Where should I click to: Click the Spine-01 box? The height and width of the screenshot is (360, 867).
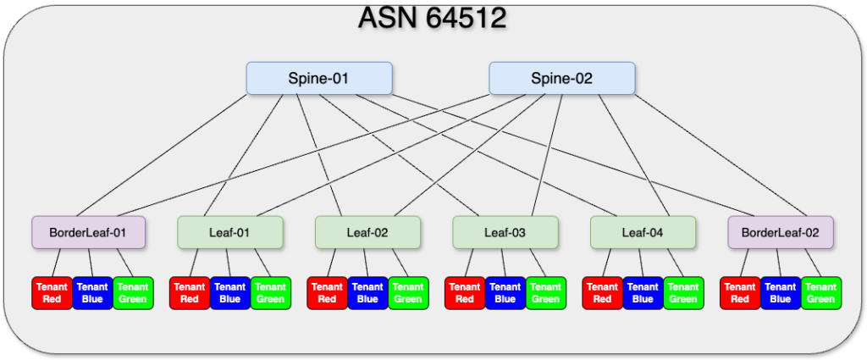pyautogui.click(x=319, y=78)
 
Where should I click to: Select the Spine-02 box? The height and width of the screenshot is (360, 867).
pyautogui.click(x=562, y=78)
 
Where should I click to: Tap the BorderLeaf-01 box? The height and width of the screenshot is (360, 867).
pyautogui.click(x=88, y=232)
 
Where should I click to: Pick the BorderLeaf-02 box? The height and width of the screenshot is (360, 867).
pyautogui.click(x=781, y=232)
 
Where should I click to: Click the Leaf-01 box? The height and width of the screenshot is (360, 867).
pyautogui.click(x=230, y=232)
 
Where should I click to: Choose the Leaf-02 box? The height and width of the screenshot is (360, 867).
pyautogui.click(x=367, y=232)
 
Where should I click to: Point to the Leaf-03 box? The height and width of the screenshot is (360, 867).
pyautogui.click(x=505, y=232)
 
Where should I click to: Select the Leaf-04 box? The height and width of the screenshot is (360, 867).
pyautogui.click(x=643, y=232)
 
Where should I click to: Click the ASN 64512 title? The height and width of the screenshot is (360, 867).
pyautogui.click(x=433, y=18)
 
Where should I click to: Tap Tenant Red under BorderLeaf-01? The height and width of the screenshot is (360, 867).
pyautogui.click(x=52, y=293)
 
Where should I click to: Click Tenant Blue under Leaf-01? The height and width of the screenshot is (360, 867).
pyautogui.click(x=230, y=293)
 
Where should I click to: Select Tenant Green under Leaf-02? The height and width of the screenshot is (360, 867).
pyautogui.click(x=409, y=293)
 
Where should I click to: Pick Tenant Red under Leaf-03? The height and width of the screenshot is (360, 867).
pyautogui.click(x=465, y=293)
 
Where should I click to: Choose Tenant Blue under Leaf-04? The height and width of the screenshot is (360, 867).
pyautogui.click(x=643, y=293)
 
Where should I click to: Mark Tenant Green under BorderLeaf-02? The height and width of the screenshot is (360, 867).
pyautogui.click(x=821, y=293)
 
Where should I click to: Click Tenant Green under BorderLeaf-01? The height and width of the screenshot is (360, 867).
pyautogui.click(x=133, y=293)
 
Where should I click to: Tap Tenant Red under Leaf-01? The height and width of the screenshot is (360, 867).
pyautogui.click(x=190, y=293)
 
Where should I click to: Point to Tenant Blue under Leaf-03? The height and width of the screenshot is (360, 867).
pyautogui.click(x=505, y=293)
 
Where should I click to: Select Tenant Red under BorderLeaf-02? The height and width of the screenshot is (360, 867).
pyautogui.click(x=740, y=293)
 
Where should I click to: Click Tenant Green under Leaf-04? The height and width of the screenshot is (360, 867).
pyautogui.click(x=683, y=293)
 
